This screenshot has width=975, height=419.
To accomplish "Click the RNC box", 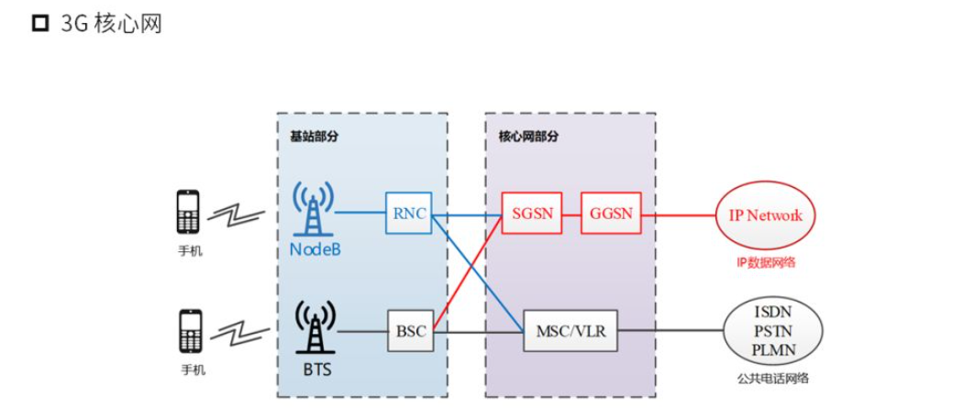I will (408, 214).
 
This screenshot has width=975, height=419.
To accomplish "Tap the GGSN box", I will (612, 214).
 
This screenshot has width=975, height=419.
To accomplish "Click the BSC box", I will (410, 331).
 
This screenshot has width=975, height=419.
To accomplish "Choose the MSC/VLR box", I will (571, 331).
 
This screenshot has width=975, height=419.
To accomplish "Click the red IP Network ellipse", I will (765, 215).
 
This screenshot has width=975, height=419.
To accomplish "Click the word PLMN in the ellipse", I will (773, 349).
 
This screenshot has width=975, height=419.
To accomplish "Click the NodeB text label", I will (315, 249).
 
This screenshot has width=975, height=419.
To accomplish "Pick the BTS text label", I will (315, 370).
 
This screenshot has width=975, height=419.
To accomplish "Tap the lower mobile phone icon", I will (190, 331).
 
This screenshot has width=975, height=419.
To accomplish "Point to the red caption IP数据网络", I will (766, 262).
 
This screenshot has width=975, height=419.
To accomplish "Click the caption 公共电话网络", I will (773, 378).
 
